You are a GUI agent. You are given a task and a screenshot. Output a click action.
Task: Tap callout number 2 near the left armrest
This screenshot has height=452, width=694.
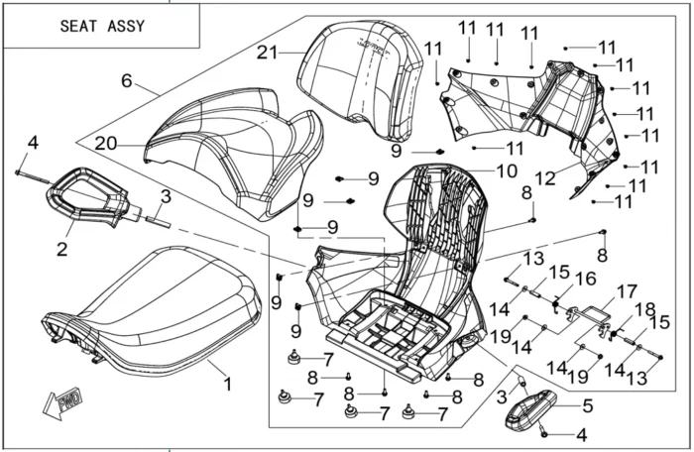click(61, 250)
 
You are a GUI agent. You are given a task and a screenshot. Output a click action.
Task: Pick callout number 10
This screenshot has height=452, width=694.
click(508, 170)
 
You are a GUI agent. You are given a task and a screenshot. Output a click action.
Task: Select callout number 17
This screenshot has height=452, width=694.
click(627, 292)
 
